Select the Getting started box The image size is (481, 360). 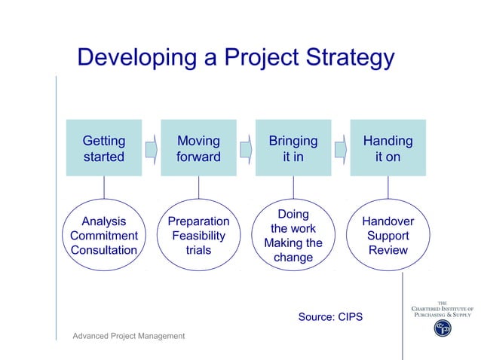pos(104,148)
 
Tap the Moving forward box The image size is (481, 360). pos(198,148)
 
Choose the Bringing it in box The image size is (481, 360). pos(293,148)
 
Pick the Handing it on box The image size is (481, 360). pos(388,148)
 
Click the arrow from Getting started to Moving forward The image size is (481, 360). pos(151,148)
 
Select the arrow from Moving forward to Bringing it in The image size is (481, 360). pos(246,148)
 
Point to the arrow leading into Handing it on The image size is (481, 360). pos(341,148)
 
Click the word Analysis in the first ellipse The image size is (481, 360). pos(104,221)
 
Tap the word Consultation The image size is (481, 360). pos(104,250)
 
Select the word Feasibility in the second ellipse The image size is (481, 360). pos(198,236)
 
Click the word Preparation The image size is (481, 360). pos(198,221)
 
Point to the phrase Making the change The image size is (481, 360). pos(293,250)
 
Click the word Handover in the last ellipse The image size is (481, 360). pos(388,221)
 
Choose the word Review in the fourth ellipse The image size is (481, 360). pos(388,250)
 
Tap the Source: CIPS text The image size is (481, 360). pos(330,317)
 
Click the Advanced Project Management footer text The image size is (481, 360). pos(128,335)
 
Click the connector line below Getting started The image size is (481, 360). pos(104,187)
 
